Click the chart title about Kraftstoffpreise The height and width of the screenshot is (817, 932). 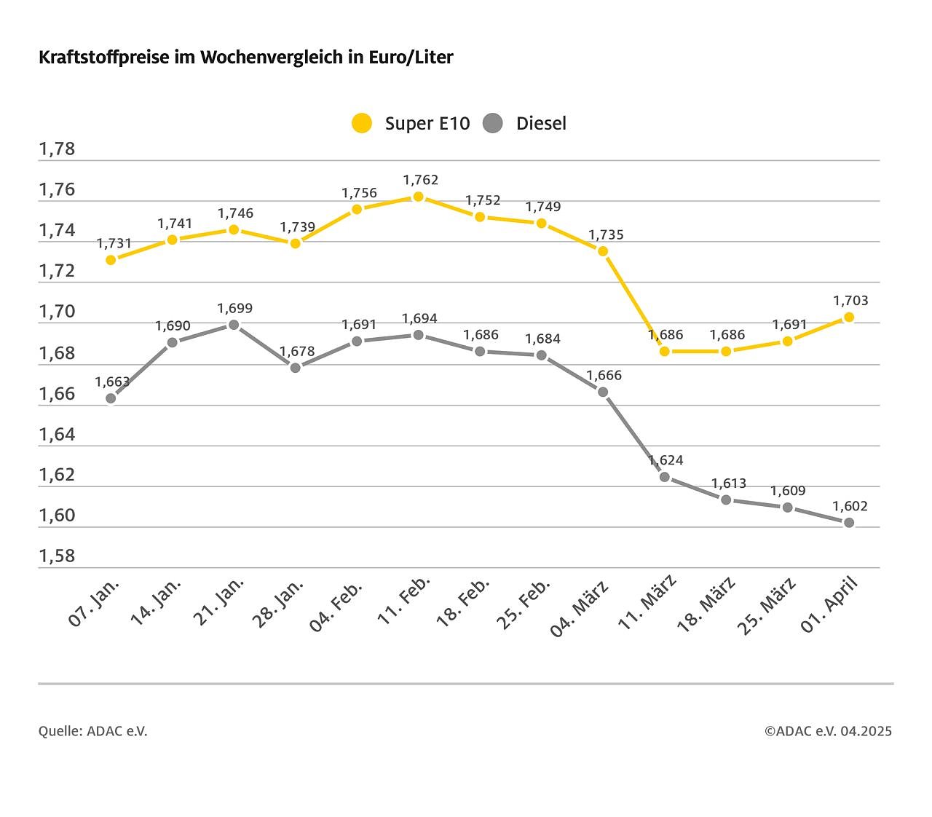click(246, 58)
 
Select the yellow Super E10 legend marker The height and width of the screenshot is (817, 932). click(362, 123)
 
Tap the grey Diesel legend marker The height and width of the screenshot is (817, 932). click(493, 123)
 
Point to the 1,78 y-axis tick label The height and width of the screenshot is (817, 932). click(57, 149)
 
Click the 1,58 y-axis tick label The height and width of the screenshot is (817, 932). click(57, 556)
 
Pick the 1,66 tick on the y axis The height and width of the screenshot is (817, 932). click(57, 394)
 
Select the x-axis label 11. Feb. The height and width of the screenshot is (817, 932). click(405, 600)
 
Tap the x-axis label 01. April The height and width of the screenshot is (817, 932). click(830, 604)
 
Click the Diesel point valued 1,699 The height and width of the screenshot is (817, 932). click(234, 325)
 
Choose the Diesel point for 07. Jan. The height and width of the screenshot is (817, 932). click(111, 398)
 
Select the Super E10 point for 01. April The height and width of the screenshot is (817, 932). click(849, 317)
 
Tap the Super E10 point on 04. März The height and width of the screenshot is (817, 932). click(603, 251)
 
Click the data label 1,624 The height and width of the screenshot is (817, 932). click(666, 460)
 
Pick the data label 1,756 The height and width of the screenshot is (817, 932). click(359, 193)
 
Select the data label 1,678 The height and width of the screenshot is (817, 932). click(297, 352)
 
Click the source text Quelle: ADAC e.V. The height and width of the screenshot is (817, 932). click(93, 731)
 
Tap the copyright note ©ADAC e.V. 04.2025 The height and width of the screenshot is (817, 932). click(828, 731)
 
